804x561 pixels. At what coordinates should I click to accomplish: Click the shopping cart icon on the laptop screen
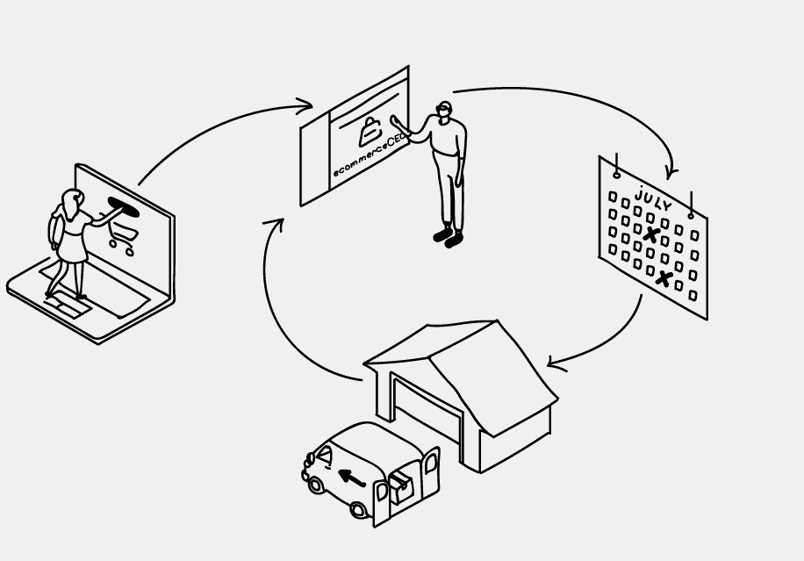tap(124, 234)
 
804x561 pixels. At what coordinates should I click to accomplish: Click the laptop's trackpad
tap(61, 306)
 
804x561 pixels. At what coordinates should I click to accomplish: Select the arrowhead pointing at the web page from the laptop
tap(305, 107)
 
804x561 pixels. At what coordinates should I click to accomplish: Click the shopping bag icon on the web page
tap(370, 131)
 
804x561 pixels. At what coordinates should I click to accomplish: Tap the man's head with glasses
tap(445, 111)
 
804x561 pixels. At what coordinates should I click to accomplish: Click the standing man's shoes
tap(448, 237)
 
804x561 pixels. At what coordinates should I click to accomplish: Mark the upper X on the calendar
tap(650, 234)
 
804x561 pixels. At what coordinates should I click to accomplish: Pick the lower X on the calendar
tap(664, 279)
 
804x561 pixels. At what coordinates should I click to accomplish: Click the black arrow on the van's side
tap(352, 478)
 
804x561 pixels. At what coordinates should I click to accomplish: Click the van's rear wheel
tap(358, 510)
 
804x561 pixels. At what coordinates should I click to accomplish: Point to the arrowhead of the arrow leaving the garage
tap(276, 224)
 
